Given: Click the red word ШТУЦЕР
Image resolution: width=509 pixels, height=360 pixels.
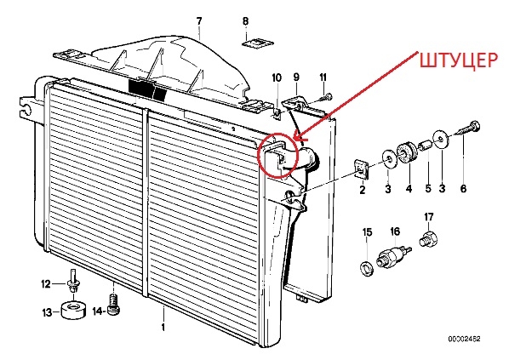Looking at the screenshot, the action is tap(458, 60).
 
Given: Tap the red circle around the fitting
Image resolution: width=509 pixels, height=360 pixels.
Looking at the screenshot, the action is tap(258, 156).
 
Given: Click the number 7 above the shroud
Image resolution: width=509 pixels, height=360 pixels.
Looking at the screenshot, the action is tap(199, 21).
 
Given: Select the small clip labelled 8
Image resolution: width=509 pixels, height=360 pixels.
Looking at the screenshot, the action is tap(259, 43).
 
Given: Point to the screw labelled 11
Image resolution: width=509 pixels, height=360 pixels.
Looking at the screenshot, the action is tap(326, 97).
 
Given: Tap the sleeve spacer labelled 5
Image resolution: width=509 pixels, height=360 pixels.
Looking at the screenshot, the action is tap(425, 146).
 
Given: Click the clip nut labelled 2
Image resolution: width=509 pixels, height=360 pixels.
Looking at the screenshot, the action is tap(361, 169).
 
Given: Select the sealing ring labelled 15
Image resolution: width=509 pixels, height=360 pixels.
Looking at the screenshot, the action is tap(367, 268).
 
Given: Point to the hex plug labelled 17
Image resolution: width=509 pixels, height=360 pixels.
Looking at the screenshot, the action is tap(428, 239).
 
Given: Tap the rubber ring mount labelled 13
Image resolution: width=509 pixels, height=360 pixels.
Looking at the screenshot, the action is tap(74, 311).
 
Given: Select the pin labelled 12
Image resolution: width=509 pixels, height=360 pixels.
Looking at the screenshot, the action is tap(73, 281).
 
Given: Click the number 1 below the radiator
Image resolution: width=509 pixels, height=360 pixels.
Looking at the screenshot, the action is tap(163, 327).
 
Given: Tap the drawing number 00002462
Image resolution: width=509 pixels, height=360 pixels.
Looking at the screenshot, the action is tap(464, 339).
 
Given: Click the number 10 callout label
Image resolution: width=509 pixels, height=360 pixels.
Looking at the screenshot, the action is tap(277, 77).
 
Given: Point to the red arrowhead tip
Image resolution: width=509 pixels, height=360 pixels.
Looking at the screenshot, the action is tap(294, 140).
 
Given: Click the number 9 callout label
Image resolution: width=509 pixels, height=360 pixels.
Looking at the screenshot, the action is tap(296, 77).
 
